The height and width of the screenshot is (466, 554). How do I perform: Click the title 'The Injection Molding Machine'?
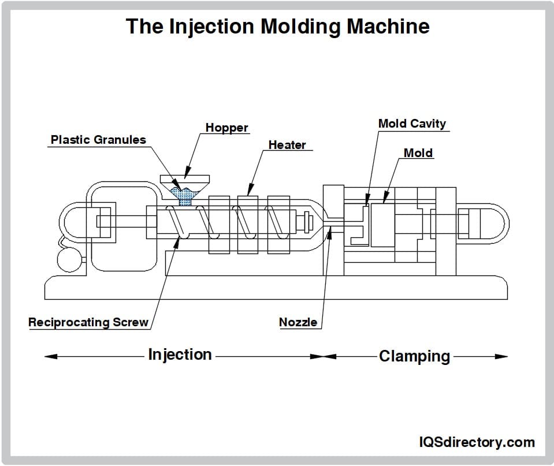277,27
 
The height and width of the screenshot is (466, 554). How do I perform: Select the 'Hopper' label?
226,128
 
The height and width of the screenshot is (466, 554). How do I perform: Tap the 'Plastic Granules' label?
98,140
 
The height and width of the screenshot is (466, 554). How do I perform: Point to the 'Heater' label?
287,145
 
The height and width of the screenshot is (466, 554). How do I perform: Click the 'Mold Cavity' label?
412,124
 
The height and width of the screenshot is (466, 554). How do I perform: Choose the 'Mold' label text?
418,153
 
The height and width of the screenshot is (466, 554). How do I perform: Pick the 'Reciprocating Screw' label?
88,322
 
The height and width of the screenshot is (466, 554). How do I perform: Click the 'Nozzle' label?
298,322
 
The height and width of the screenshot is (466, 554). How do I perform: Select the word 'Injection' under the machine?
180,354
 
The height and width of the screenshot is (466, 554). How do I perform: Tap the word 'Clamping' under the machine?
414,356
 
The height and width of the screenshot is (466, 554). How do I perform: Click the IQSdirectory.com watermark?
477,442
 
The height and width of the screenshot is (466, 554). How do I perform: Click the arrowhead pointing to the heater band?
250,189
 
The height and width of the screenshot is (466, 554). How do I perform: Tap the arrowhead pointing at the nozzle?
329,231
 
